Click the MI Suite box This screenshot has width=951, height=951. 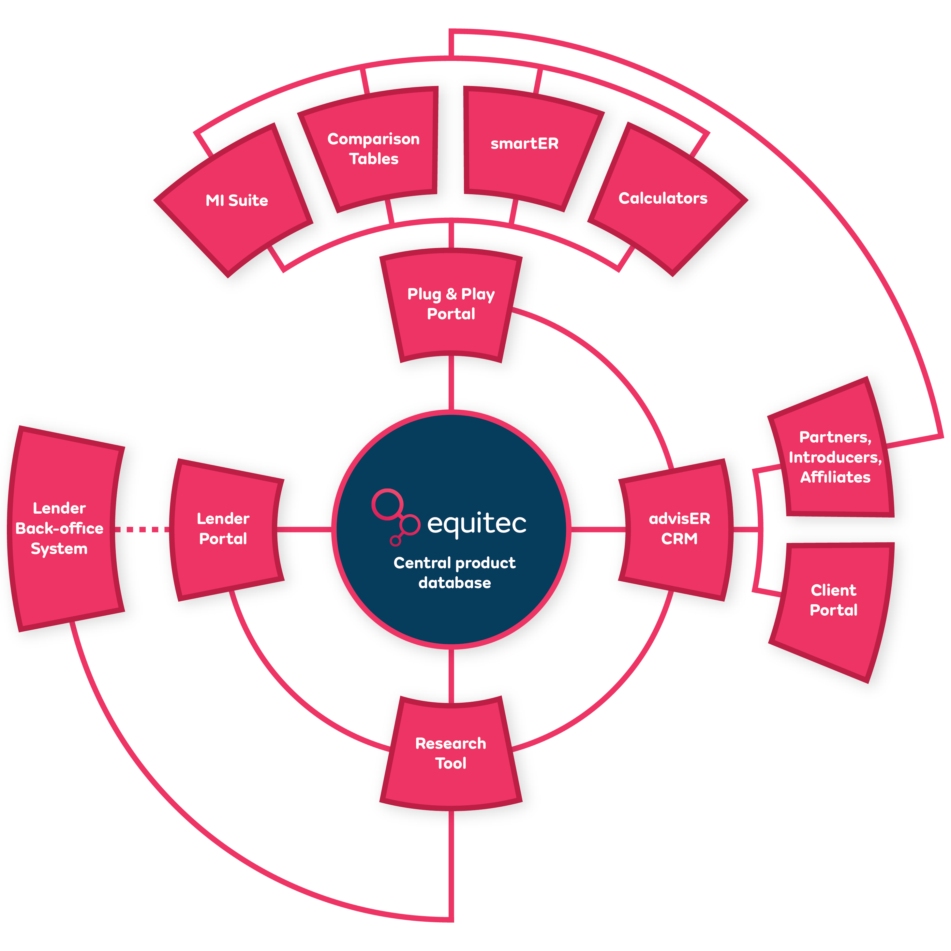click(x=236, y=200)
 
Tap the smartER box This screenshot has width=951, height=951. click(x=525, y=144)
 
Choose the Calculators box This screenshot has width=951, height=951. click(x=662, y=198)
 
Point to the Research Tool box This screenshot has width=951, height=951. click(x=451, y=753)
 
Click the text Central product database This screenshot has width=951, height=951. click(x=454, y=573)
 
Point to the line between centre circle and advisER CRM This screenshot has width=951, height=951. click(x=598, y=530)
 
